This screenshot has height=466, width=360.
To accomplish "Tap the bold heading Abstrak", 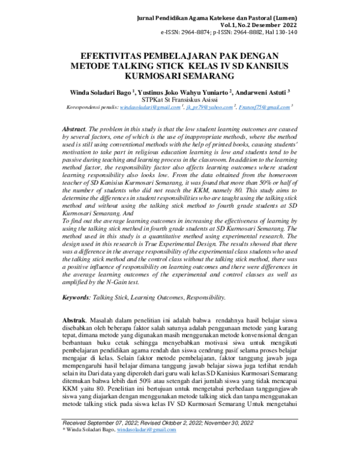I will (75, 322).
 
